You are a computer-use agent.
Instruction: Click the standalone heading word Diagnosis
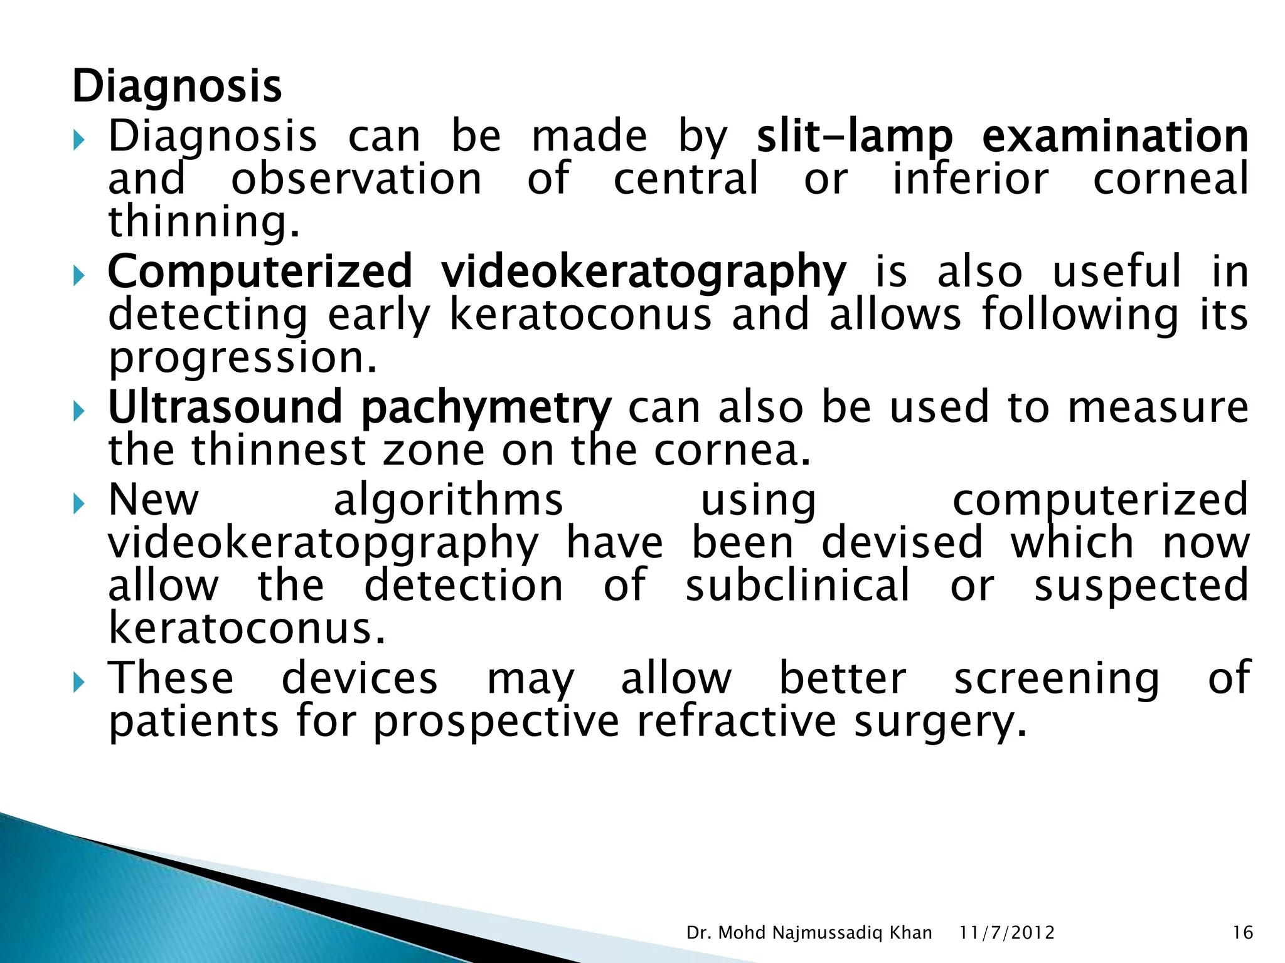tap(177, 87)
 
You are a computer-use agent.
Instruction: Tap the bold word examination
tap(1115, 136)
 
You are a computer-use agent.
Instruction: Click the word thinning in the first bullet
tap(204, 221)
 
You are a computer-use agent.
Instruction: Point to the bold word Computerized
tap(260, 272)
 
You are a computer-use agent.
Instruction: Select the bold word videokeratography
tap(643, 272)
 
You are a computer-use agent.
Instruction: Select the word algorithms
tap(448, 500)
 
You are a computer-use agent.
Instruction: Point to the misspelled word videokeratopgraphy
tap(323, 543)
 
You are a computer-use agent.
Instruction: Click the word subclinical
tap(797, 585)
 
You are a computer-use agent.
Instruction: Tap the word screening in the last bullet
tap(1057, 679)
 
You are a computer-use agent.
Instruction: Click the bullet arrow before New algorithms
tap(78, 503)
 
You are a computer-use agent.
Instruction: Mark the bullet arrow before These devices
tap(78, 681)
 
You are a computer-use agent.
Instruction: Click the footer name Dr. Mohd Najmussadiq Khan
tap(809, 933)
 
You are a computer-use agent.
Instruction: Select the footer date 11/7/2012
tap(1007, 933)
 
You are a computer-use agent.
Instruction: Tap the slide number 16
tap(1242, 933)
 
